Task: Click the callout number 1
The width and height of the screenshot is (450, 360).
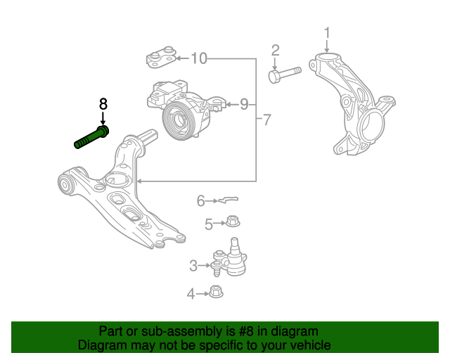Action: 327,32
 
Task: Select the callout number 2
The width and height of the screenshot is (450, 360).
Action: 275,50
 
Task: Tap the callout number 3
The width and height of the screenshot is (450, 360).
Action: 193,266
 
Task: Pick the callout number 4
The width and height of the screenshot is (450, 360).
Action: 191,294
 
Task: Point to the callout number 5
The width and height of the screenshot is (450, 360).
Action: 209,224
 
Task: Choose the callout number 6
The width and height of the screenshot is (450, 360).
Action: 200,201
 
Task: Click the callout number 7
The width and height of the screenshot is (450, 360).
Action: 266,120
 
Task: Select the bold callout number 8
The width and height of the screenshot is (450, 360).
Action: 103,103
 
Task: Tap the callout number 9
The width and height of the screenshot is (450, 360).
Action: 243,105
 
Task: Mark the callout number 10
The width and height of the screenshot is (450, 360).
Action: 199,58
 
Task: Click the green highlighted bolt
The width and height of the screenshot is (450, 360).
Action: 91,136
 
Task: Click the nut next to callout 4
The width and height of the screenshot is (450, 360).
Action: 216,292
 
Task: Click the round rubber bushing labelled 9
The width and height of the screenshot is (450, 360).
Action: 177,120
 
